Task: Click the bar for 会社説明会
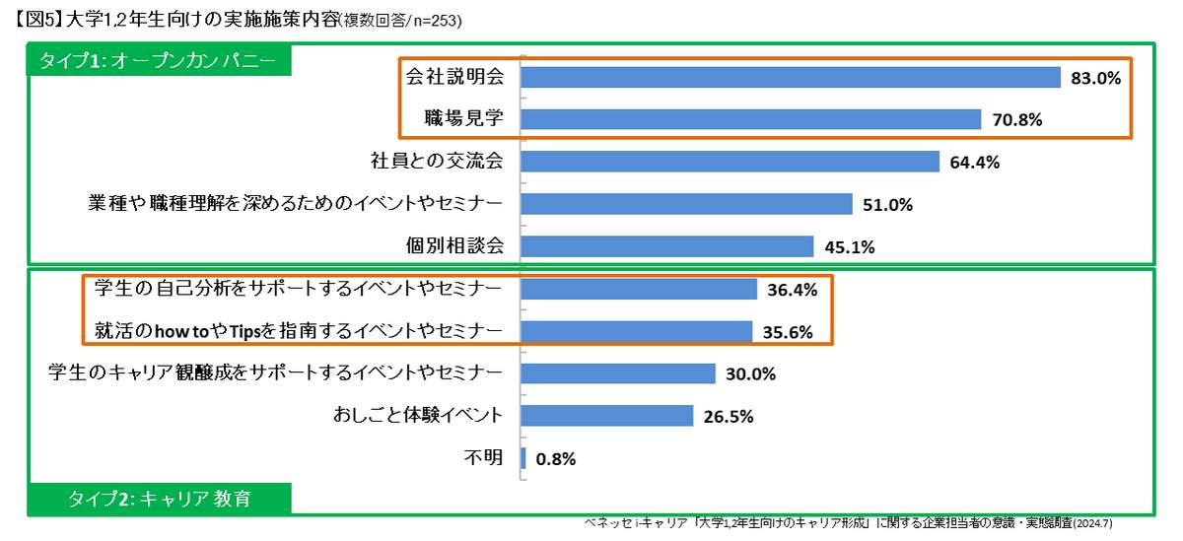(x=789, y=77)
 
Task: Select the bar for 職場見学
(x=750, y=119)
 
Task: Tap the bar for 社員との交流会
(x=730, y=162)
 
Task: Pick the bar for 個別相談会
(x=666, y=246)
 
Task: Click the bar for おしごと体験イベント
(x=607, y=416)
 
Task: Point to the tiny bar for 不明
(x=523, y=458)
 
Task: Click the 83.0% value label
(x=1096, y=78)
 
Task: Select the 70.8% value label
(x=1016, y=120)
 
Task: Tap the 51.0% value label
(x=887, y=205)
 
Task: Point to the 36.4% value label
(x=792, y=290)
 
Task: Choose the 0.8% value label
(x=556, y=458)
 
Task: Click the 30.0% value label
(x=750, y=374)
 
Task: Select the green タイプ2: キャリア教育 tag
(x=159, y=499)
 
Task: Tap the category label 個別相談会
(x=454, y=246)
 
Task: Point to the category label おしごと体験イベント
(x=419, y=416)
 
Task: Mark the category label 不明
(x=483, y=458)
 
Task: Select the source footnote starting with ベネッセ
(x=848, y=523)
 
